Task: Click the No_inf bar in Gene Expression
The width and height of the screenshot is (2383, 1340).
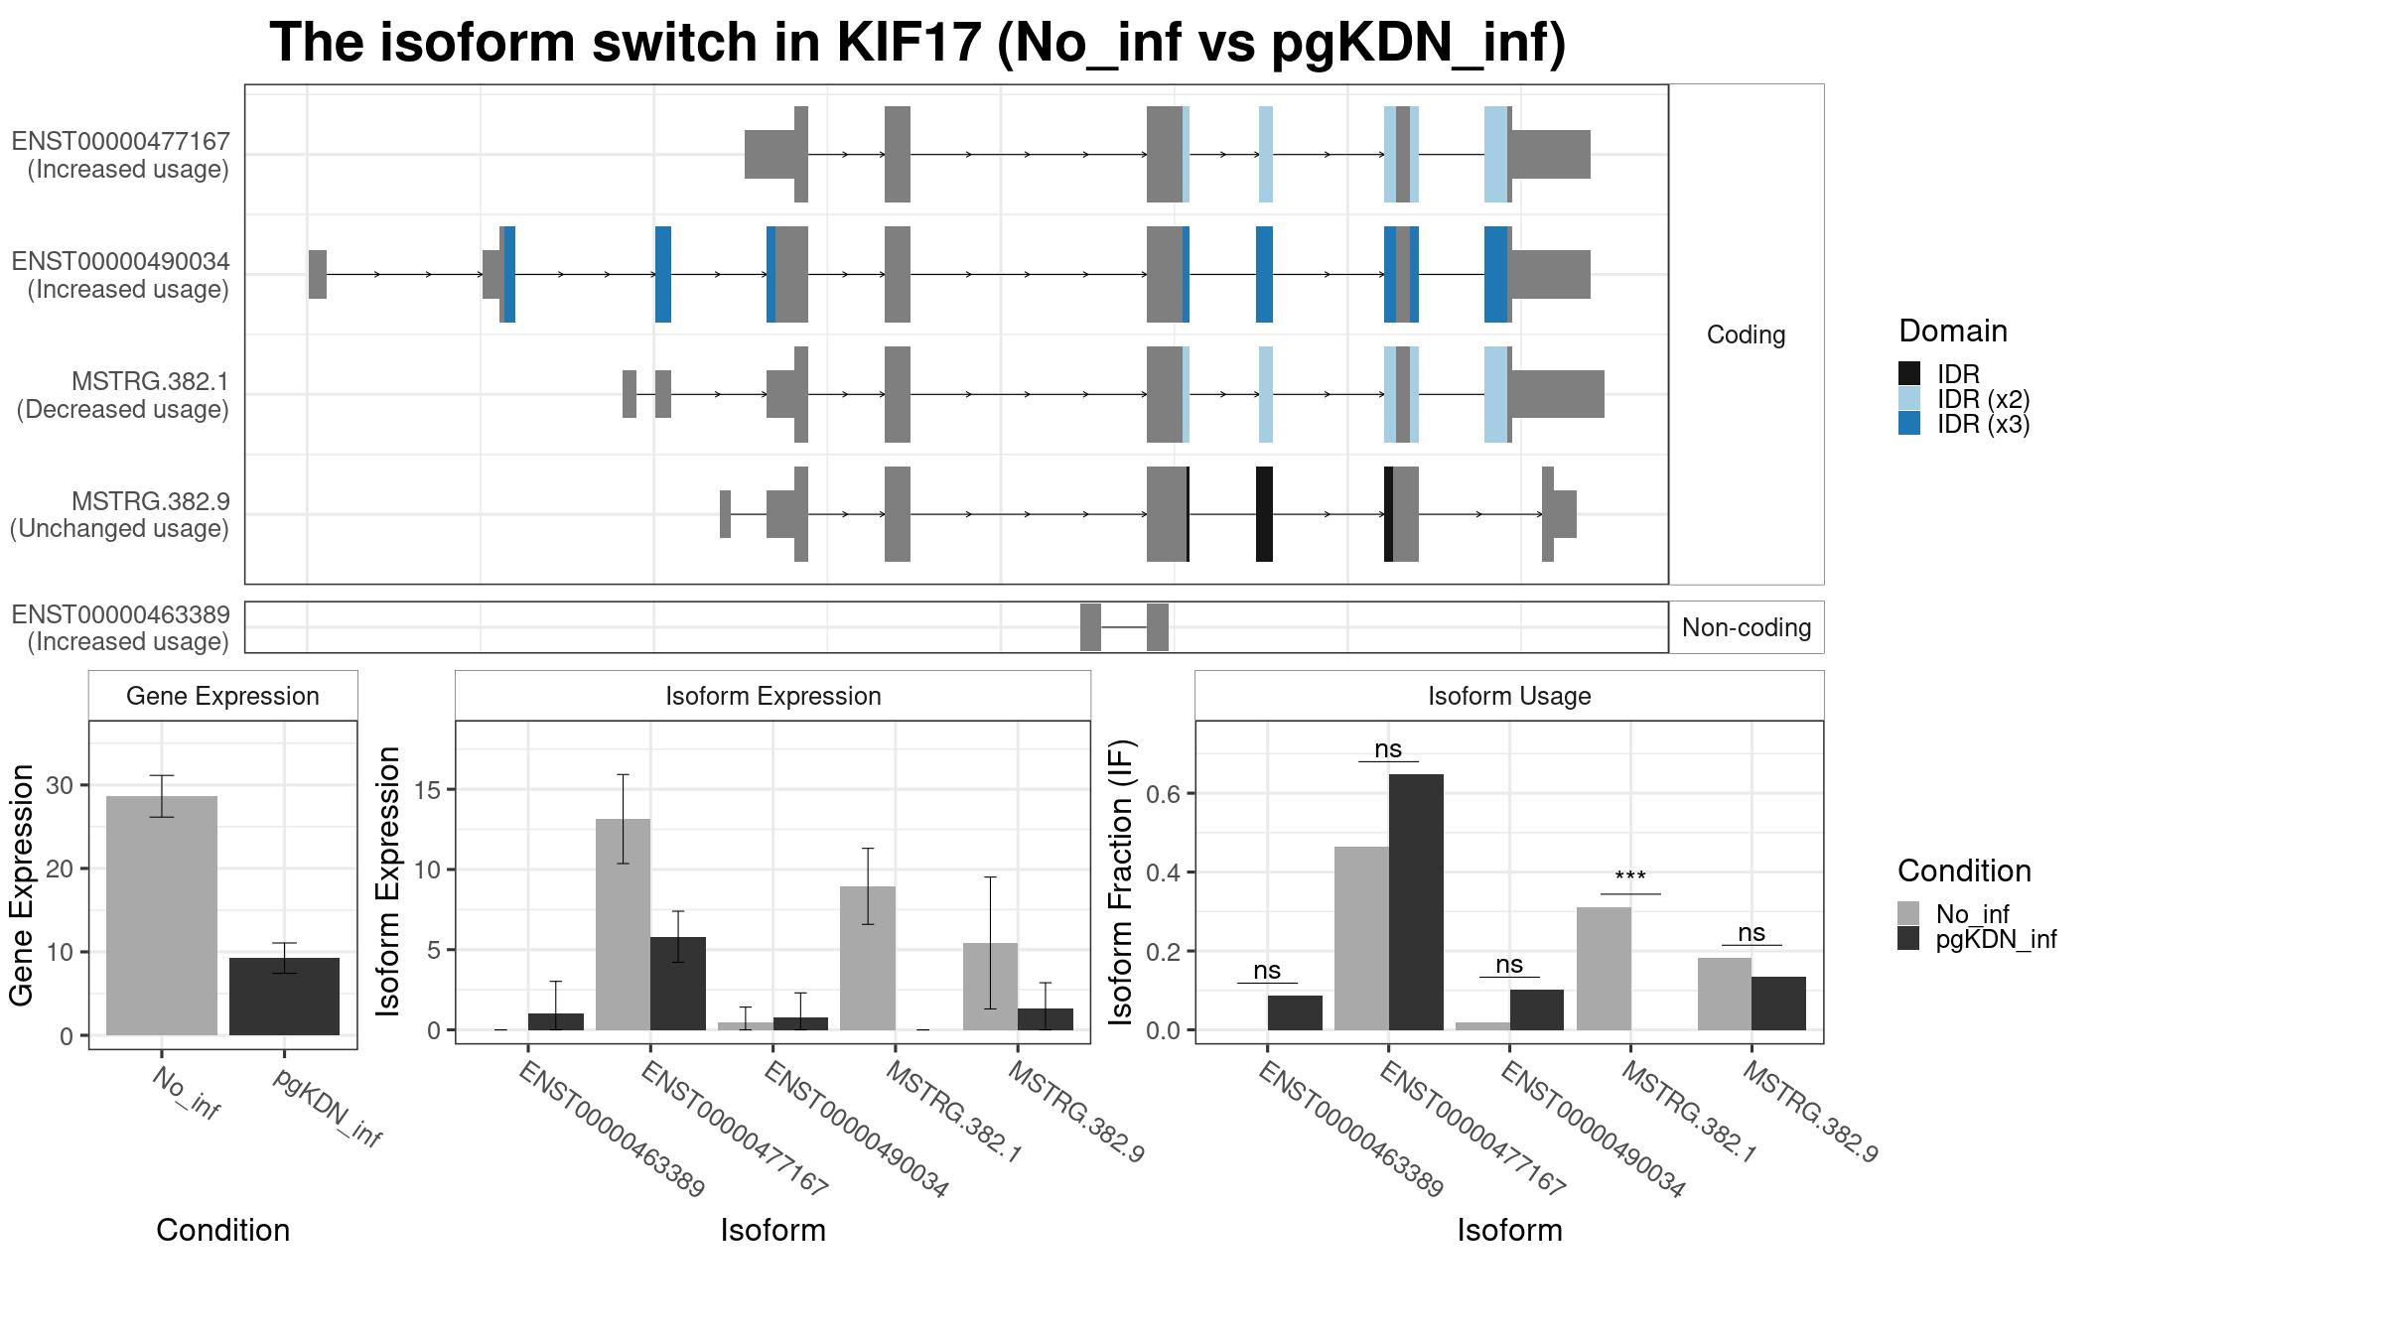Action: pyautogui.click(x=161, y=915)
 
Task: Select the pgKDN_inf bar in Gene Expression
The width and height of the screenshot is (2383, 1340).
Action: pyautogui.click(x=284, y=996)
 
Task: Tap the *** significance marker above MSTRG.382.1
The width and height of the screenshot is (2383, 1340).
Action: pyautogui.click(x=1629, y=877)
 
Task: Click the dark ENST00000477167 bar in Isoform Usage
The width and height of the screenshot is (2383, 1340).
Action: pyautogui.click(x=1416, y=901)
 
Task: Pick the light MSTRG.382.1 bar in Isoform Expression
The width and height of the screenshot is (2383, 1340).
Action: pyautogui.click(x=867, y=958)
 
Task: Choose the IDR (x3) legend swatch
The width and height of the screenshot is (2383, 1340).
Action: pyautogui.click(x=1908, y=424)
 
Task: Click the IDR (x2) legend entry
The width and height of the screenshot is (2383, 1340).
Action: pyautogui.click(x=1982, y=399)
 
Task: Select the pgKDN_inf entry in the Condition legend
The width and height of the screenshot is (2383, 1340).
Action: pyautogui.click(x=1995, y=939)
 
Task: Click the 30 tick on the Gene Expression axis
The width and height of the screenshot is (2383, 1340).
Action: pyautogui.click(x=60, y=785)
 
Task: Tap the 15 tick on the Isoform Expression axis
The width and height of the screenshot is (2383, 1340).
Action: pyautogui.click(x=428, y=790)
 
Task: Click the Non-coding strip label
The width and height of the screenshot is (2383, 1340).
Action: pyautogui.click(x=1746, y=627)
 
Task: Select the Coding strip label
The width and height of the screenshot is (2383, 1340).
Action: pyautogui.click(x=1746, y=335)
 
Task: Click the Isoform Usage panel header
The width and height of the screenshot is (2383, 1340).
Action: pyautogui.click(x=1508, y=696)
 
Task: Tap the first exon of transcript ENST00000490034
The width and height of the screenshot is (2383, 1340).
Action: pyautogui.click(x=317, y=274)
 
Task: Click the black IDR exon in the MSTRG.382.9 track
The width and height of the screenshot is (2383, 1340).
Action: pyautogui.click(x=1264, y=514)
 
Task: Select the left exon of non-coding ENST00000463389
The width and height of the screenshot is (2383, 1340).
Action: pyautogui.click(x=1090, y=627)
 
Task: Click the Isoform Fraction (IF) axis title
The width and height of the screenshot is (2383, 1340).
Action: pyautogui.click(x=1121, y=881)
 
